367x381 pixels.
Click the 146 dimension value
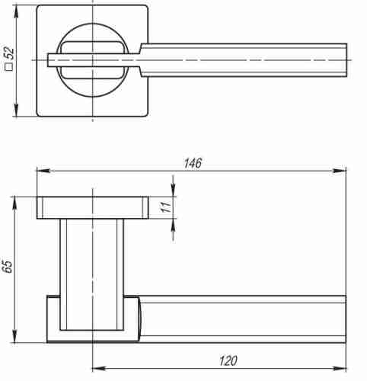pyautogui.click(x=193, y=163)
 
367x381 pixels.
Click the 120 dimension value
pyautogui.click(x=228, y=360)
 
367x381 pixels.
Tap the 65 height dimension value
pyautogui.click(x=8, y=267)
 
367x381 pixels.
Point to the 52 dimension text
pyautogui.click(x=9, y=53)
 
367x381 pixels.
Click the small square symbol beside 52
pyautogui.click(x=9, y=67)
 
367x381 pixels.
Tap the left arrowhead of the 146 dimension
pyautogui.click(x=43, y=170)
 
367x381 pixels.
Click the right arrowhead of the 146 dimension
pyautogui.click(x=340, y=170)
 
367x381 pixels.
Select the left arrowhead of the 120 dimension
pyautogui.click(x=98, y=368)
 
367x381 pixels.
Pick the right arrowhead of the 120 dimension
pyautogui.click(x=340, y=368)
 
